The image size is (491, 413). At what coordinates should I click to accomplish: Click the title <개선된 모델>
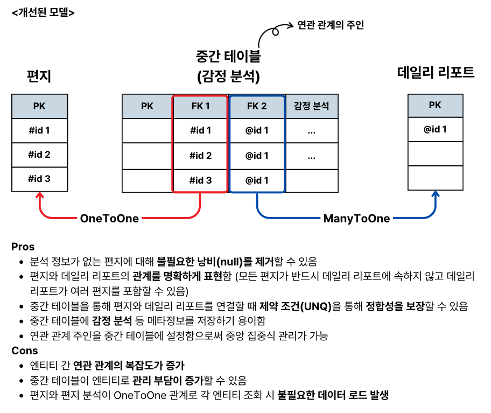point(43,11)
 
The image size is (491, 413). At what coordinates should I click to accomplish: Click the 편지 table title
point(39,76)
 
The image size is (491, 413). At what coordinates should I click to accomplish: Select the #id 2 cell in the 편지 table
point(39,155)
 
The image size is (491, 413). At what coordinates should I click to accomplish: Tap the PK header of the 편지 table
point(39,106)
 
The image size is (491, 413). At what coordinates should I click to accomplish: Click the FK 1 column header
point(200,106)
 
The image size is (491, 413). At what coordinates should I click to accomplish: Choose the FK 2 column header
point(257,106)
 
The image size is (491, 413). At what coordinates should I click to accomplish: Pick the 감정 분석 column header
point(311,106)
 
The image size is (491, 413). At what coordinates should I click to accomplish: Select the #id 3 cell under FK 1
point(200,180)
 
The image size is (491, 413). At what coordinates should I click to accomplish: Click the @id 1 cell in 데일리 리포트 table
point(434,129)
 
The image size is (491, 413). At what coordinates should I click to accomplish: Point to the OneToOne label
point(109,219)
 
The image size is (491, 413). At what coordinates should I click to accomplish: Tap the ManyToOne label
point(356,219)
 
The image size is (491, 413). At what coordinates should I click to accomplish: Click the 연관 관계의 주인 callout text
point(331,25)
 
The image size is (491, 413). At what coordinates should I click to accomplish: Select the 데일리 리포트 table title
point(436,73)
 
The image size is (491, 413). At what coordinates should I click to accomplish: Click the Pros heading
point(23,247)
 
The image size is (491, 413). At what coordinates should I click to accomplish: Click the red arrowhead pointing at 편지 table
point(39,196)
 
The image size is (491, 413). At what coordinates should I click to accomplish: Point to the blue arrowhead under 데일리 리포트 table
point(435,196)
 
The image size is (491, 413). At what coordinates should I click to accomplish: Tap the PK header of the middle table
point(147,106)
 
